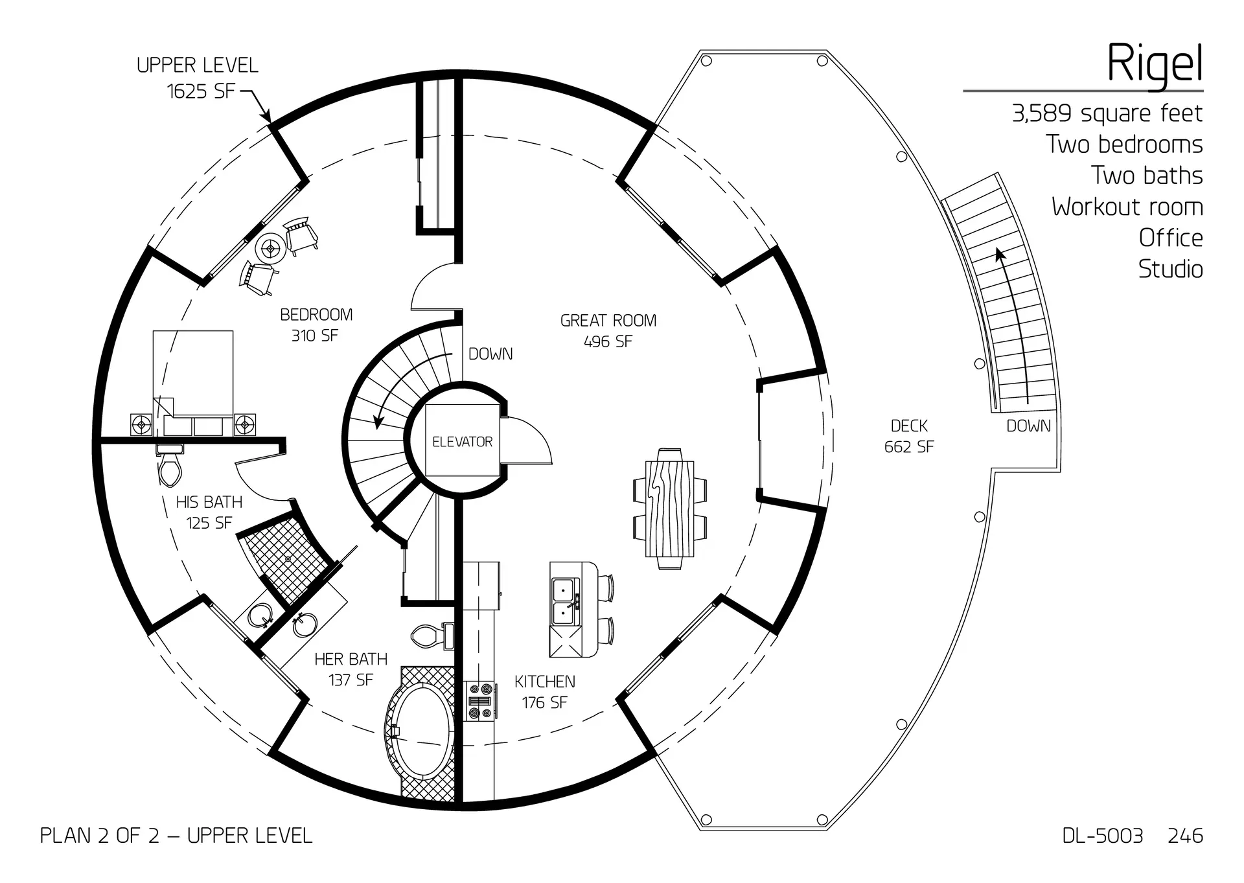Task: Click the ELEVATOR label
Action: click(462, 442)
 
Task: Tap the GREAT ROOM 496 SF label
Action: click(608, 331)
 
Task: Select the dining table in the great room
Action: click(670, 509)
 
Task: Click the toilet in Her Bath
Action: click(428, 635)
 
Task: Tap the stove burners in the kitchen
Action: click(481, 702)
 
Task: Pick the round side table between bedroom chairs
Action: click(269, 247)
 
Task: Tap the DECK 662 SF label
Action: click(908, 436)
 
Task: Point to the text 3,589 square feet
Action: click(1107, 113)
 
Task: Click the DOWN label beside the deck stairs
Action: click(1028, 426)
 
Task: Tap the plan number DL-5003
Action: click(1102, 836)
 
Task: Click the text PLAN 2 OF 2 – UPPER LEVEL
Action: click(176, 836)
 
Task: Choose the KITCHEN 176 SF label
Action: click(544, 692)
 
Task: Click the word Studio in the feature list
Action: click(1170, 269)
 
